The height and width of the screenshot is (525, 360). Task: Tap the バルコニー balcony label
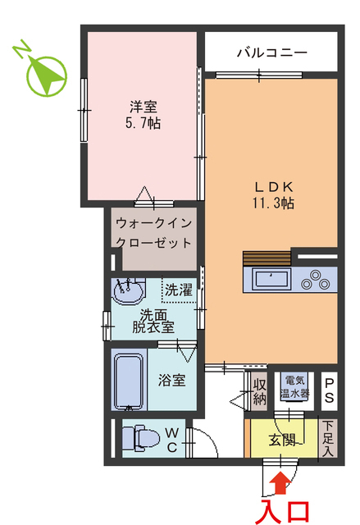271,52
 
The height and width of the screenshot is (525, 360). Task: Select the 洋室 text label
144,107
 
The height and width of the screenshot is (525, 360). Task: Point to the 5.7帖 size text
144,124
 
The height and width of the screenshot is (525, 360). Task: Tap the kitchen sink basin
271,279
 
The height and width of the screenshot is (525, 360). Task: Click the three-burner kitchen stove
318,281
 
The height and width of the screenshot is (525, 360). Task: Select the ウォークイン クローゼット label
153,232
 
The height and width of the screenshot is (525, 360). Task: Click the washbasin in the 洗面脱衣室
130,290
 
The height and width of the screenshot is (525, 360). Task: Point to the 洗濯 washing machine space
180,290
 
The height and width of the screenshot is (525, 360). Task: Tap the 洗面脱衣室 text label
154,320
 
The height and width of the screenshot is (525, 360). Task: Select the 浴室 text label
171,381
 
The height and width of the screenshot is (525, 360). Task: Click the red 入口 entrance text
285,510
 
